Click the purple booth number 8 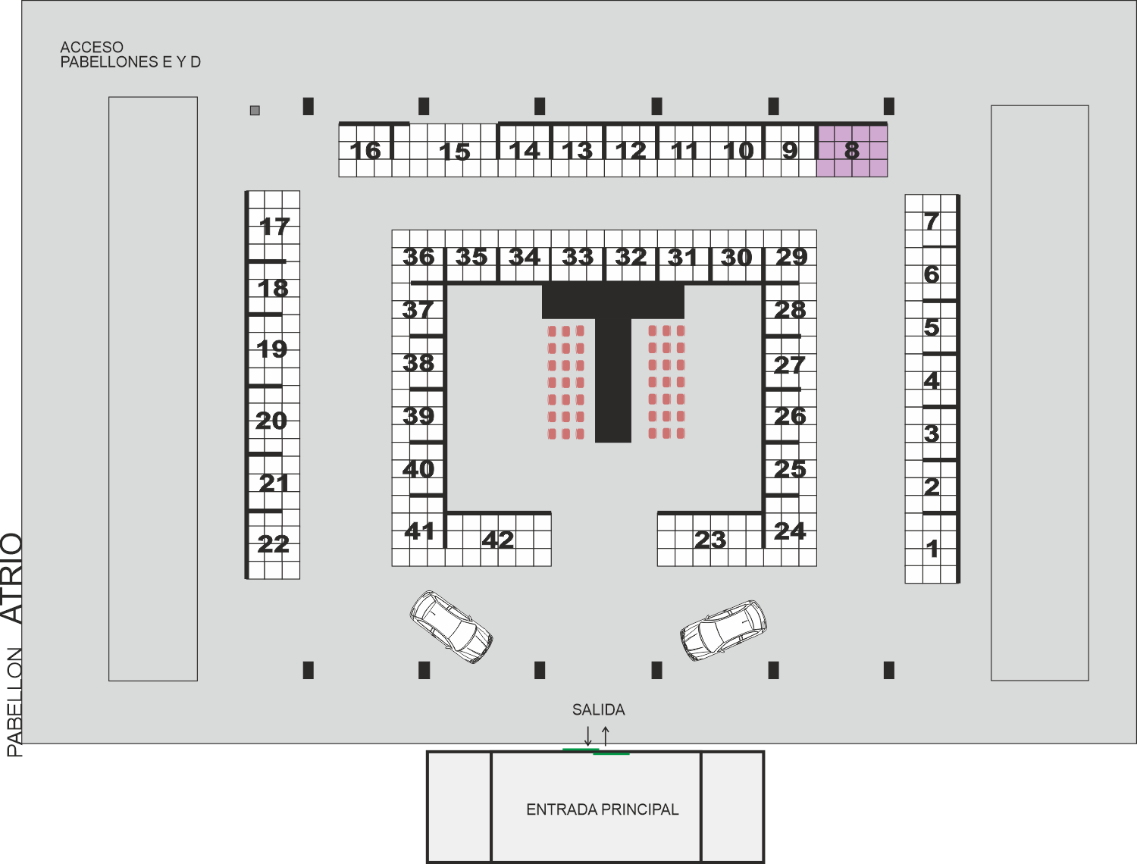(x=851, y=151)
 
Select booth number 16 (x=365, y=151)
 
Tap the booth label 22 (x=273, y=544)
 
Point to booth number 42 (x=498, y=540)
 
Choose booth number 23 (x=710, y=540)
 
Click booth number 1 (x=932, y=549)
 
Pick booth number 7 (x=932, y=221)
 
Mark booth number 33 (x=578, y=257)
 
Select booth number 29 (x=791, y=257)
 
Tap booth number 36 (x=418, y=257)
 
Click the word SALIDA (x=598, y=709)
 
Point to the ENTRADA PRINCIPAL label (x=603, y=809)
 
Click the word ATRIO (x=12, y=578)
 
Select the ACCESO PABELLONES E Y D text (x=130, y=55)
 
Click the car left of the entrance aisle (x=451, y=627)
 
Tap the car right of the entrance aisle (x=724, y=631)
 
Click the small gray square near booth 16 (x=255, y=110)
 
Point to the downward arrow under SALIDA (x=588, y=736)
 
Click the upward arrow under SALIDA (x=606, y=736)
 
